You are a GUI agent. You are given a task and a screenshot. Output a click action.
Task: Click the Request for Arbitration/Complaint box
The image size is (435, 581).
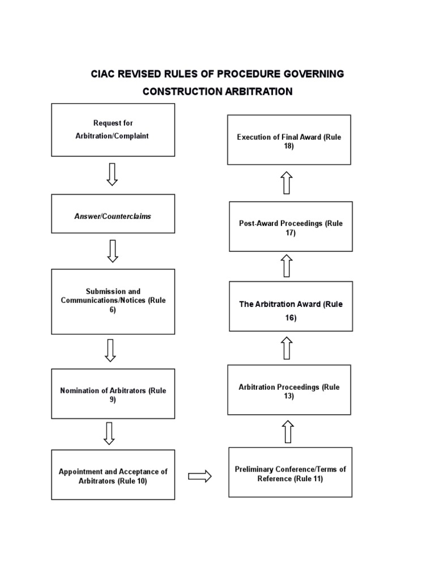click(x=113, y=130)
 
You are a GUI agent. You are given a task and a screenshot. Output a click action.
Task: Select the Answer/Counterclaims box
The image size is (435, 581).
click(x=113, y=214)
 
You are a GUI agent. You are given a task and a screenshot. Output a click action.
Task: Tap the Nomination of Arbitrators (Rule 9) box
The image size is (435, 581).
click(x=113, y=394)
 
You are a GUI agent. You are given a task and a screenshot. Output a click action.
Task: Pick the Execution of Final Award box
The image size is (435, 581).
click(x=289, y=140)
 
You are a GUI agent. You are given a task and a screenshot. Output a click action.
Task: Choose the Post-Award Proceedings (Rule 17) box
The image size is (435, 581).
click(x=291, y=226)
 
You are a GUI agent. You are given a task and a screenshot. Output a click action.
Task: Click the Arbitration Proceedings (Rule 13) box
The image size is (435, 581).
click(x=289, y=390)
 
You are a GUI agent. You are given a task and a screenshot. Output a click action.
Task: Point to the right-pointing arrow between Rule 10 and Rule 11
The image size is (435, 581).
click(x=200, y=476)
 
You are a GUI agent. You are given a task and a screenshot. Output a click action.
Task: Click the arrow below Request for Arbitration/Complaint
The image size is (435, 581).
click(x=112, y=174)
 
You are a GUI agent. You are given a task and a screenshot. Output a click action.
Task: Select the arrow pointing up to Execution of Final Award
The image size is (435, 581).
click(x=287, y=183)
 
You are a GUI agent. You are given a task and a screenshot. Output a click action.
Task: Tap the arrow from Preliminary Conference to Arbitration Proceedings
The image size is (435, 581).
click(x=288, y=431)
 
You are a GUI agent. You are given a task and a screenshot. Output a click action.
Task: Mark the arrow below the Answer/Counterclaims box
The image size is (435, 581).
click(x=113, y=251)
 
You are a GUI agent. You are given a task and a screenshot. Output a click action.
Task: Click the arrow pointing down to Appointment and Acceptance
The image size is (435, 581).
click(x=110, y=433)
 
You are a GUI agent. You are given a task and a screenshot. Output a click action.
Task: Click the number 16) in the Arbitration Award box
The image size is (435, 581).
click(x=291, y=318)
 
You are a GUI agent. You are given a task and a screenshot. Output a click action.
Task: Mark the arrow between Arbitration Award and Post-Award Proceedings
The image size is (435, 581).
click(x=287, y=266)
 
